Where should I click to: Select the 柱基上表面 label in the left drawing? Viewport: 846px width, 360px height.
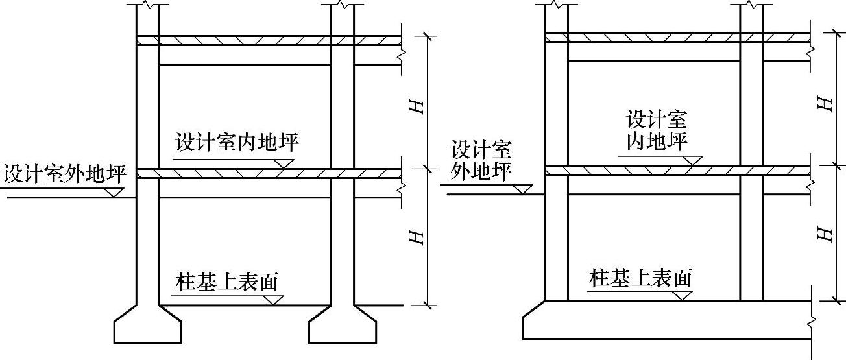tap(226, 282)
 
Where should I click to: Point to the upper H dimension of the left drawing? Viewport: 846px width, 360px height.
tap(418, 102)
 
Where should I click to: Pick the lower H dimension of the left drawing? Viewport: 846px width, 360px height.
tap(418, 236)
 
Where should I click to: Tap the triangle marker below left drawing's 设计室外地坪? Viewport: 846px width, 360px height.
tap(115, 192)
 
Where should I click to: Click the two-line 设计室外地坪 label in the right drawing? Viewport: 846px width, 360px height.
tap(481, 160)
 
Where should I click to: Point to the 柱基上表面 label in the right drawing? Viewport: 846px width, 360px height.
tap(640, 278)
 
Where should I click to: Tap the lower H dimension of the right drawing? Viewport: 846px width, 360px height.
tap(825, 234)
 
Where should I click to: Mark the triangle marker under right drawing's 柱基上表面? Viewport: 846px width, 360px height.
tap(681, 296)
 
